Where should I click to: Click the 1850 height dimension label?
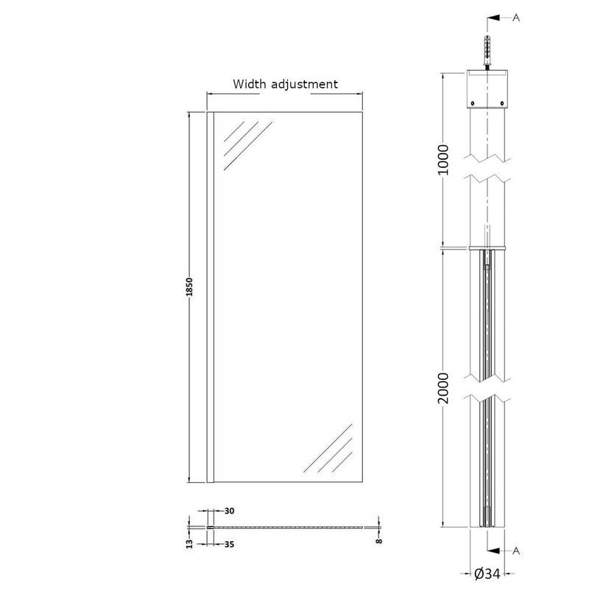coord(190,286)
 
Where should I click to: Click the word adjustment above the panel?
coord(304,85)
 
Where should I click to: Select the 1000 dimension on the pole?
coord(444,159)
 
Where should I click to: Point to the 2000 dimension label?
coord(444,388)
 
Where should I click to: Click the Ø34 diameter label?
coord(487,574)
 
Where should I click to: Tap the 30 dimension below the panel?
coord(229,511)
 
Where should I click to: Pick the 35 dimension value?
coord(229,544)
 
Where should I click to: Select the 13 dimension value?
coord(190,543)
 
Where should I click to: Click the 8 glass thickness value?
coord(379,541)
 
